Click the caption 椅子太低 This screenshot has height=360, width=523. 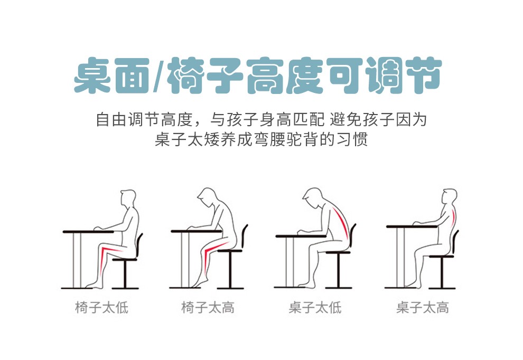pos(102,307)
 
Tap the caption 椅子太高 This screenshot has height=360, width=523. pos(208,307)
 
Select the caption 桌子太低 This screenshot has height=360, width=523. pos(315,307)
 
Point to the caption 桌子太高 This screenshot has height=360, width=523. pos(423,307)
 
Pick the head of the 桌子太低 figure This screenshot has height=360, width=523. pos(313,197)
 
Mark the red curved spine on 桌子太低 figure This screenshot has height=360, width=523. pos(341,222)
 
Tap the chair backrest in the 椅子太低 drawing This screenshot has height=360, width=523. pos(139,245)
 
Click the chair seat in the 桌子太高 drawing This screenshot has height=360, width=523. pos(441,257)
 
